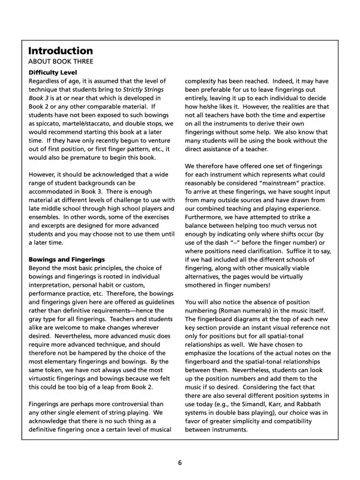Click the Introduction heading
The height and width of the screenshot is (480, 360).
[61, 50]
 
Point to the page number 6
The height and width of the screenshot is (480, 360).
[179, 463]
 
